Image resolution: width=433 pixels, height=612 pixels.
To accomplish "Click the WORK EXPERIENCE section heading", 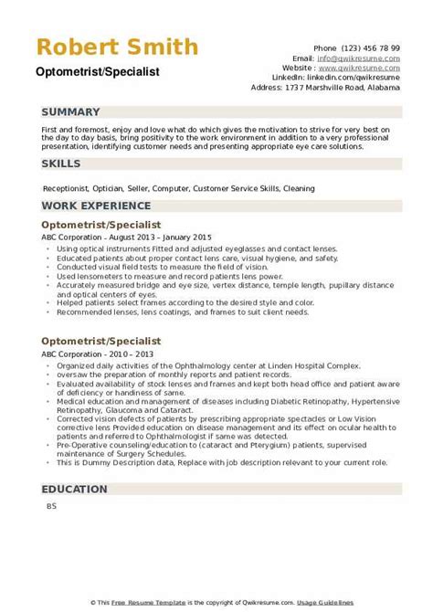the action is pyautogui.click(x=95, y=207).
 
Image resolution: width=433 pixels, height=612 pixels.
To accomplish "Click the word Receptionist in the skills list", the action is pyautogui.click(x=67, y=188).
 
